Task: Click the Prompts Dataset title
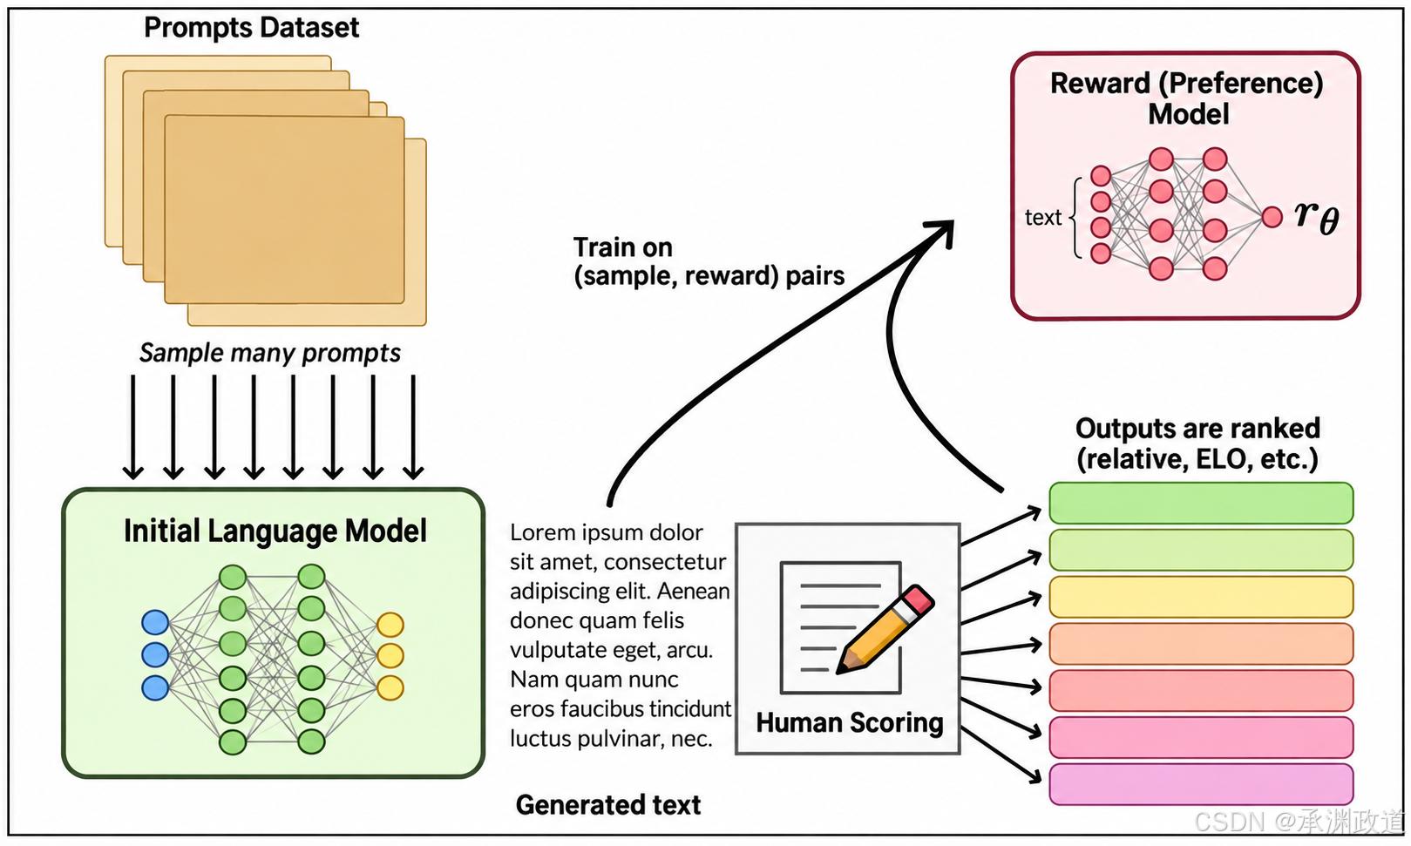251,28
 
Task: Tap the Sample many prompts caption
269,353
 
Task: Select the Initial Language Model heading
275,531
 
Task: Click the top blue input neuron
155,622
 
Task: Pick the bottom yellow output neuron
390,688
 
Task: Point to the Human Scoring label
850,722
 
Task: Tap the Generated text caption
607,805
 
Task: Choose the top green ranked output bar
1201,503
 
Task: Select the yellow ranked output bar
1201,597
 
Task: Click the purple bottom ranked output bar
1201,784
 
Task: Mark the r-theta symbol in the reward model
1317,217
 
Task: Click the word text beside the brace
1043,217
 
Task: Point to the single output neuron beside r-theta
1272,217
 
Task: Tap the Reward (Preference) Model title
1187,99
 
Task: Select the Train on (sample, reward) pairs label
709,261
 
